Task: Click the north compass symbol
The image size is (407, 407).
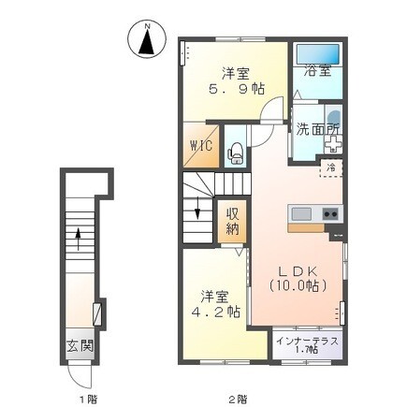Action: [148, 40]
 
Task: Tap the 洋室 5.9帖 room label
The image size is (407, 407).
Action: [236, 81]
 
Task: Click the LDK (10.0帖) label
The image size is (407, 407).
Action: [298, 279]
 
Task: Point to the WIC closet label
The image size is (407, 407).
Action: [201, 145]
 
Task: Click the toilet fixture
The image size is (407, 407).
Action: [236, 153]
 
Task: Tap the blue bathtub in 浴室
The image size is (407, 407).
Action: [317, 54]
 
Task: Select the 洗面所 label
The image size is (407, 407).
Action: [317, 129]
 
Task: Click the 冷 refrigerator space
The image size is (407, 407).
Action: [331, 168]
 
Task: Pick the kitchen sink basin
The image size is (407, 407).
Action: [301, 214]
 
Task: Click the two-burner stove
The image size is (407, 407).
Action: [330, 214]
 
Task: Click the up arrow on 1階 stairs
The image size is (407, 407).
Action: [78, 239]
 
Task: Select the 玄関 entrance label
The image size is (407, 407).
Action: [80, 345]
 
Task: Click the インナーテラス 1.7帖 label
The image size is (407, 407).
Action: [307, 345]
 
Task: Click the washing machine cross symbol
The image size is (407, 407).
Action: [333, 144]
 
